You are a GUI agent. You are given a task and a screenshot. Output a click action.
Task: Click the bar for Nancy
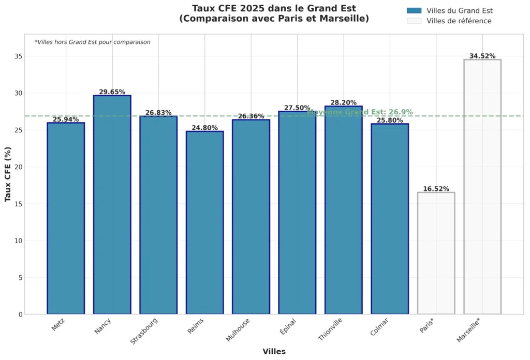click(x=112, y=205)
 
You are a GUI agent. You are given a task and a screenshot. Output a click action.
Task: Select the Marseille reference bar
click(x=482, y=187)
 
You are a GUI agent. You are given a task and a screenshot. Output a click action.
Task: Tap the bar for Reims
click(x=204, y=222)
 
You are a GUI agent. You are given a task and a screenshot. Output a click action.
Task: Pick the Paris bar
click(x=436, y=253)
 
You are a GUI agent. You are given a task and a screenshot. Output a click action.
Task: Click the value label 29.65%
click(x=112, y=92)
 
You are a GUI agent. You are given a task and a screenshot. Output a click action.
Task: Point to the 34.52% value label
click(x=482, y=56)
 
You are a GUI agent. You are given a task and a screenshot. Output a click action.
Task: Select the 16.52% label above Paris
click(x=436, y=189)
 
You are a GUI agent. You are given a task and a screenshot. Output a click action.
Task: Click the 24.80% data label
click(x=204, y=128)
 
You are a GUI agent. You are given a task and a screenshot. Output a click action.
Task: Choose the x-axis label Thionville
click(x=331, y=329)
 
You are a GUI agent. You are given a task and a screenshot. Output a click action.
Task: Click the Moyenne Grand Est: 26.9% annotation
click(x=360, y=112)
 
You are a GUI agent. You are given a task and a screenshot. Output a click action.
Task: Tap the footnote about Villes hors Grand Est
click(x=93, y=42)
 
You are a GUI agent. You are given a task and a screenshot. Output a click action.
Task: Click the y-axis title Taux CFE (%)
click(x=8, y=174)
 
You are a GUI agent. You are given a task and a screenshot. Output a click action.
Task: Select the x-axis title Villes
click(x=274, y=351)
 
